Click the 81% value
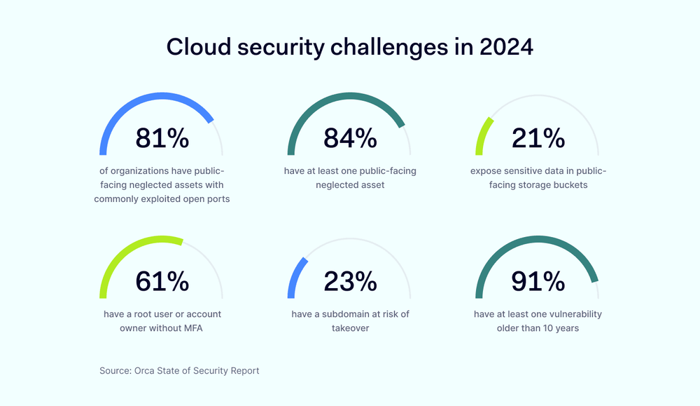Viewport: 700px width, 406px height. coord(162,138)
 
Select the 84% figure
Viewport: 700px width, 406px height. coord(350,138)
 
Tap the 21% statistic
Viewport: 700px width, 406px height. coord(538,138)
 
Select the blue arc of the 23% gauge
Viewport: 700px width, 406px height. coord(295,277)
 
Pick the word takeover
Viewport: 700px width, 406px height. coord(350,327)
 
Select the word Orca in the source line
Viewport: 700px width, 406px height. coord(148,370)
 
